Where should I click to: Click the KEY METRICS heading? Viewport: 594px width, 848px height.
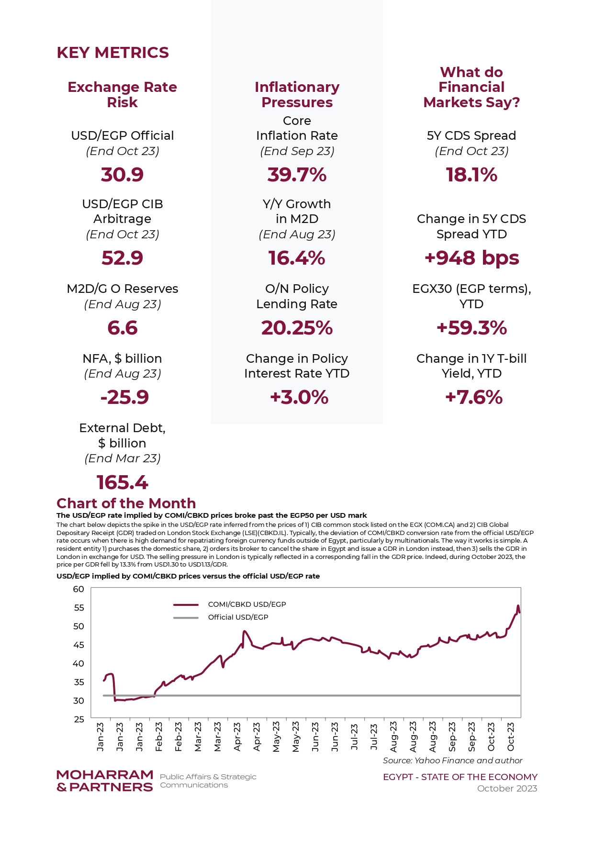[112, 53]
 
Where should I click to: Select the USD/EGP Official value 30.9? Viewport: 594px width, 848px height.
[122, 175]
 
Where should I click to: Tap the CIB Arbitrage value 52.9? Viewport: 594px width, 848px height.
[122, 258]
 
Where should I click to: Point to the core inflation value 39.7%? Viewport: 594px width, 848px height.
[297, 175]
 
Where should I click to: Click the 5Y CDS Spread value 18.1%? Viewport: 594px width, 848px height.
[471, 175]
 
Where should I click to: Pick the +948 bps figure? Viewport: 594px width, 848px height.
[471, 258]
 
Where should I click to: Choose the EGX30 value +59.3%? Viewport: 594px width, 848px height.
[471, 328]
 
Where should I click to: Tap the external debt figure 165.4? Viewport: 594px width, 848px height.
[122, 482]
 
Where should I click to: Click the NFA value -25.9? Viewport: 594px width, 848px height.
[124, 397]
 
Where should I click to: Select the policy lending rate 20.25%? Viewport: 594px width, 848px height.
[297, 328]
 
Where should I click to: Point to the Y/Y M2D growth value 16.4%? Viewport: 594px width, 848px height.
[297, 258]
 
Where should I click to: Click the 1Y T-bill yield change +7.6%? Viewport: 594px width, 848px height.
[474, 397]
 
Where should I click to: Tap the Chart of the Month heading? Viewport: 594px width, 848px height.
[126, 503]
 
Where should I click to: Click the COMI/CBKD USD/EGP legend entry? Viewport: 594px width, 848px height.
[230, 604]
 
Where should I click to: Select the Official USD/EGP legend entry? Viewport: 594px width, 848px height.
[221, 617]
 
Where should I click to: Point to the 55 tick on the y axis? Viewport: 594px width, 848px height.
[79, 608]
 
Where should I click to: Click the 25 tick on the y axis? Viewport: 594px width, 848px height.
[79, 719]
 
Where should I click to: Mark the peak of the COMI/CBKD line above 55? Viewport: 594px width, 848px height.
[518, 606]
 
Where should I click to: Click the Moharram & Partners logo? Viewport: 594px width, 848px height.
[105, 781]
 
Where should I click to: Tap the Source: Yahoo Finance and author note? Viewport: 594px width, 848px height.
[453, 760]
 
